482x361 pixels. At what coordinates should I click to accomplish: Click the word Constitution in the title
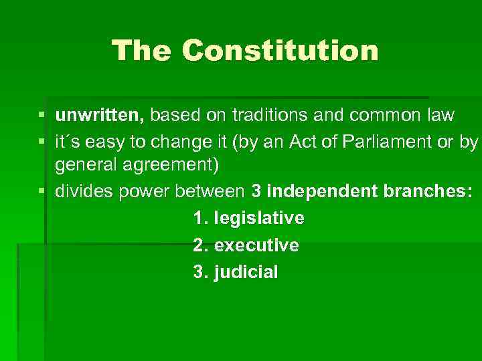[280, 51]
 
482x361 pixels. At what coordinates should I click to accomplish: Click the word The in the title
[143, 51]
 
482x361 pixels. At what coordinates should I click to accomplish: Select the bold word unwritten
[98, 116]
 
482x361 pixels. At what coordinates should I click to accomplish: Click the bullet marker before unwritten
[42, 116]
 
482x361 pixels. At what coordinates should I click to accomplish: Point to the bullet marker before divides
[42, 193]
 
